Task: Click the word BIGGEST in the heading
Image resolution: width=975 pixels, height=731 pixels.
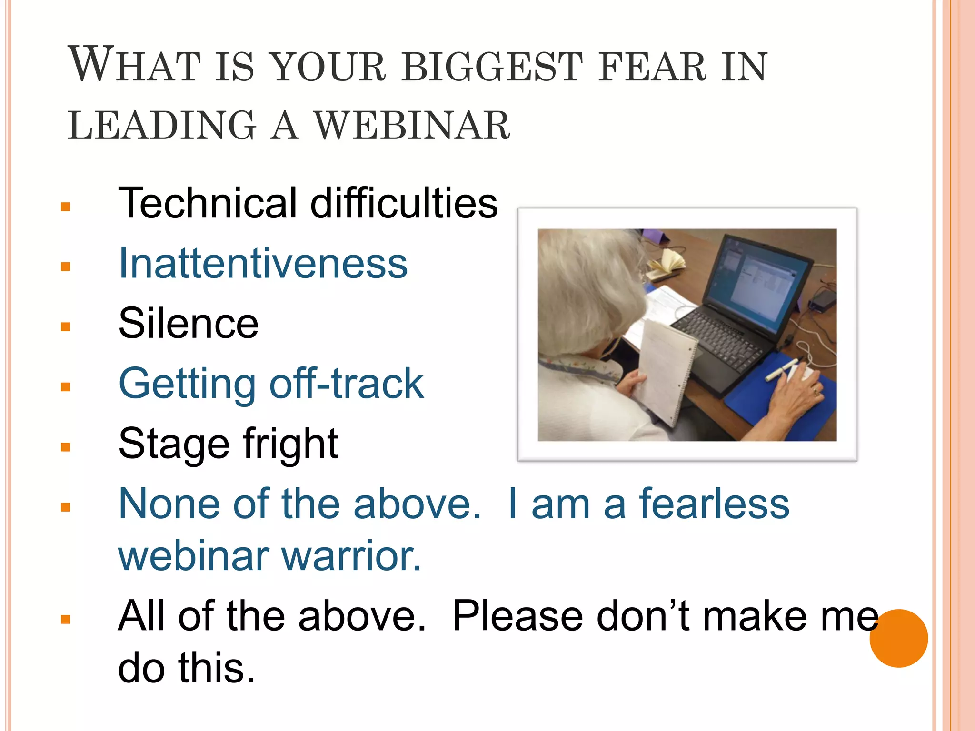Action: (492, 67)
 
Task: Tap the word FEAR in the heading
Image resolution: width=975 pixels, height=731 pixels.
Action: (652, 67)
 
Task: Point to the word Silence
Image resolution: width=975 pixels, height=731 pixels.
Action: (188, 323)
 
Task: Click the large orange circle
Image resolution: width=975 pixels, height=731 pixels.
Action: (898, 638)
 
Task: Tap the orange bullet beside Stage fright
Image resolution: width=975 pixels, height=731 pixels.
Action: (66, 447)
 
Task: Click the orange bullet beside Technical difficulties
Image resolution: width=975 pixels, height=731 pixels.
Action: (66, 207)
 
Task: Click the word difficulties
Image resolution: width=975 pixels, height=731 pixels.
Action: (404, 203)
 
